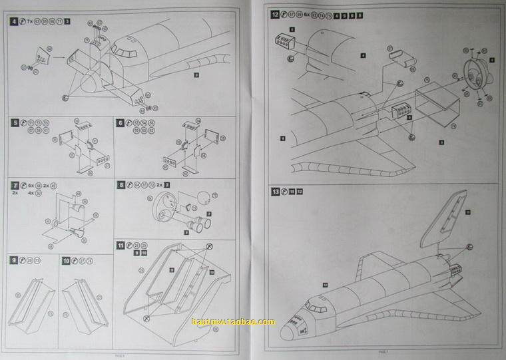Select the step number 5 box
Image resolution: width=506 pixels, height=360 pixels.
(15, 123)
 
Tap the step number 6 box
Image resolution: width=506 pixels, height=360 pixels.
(121, 123)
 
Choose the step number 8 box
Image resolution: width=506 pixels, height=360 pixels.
(121, 184)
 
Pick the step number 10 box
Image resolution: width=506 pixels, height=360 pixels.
(66, 260)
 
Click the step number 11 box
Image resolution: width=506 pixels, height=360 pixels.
(121, 246)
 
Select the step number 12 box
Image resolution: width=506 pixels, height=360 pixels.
(275, 14)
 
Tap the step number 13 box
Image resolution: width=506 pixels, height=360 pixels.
(275, 192)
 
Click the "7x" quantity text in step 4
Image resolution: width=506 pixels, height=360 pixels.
(30, 22)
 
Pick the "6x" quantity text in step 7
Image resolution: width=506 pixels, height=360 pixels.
(31, 184)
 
